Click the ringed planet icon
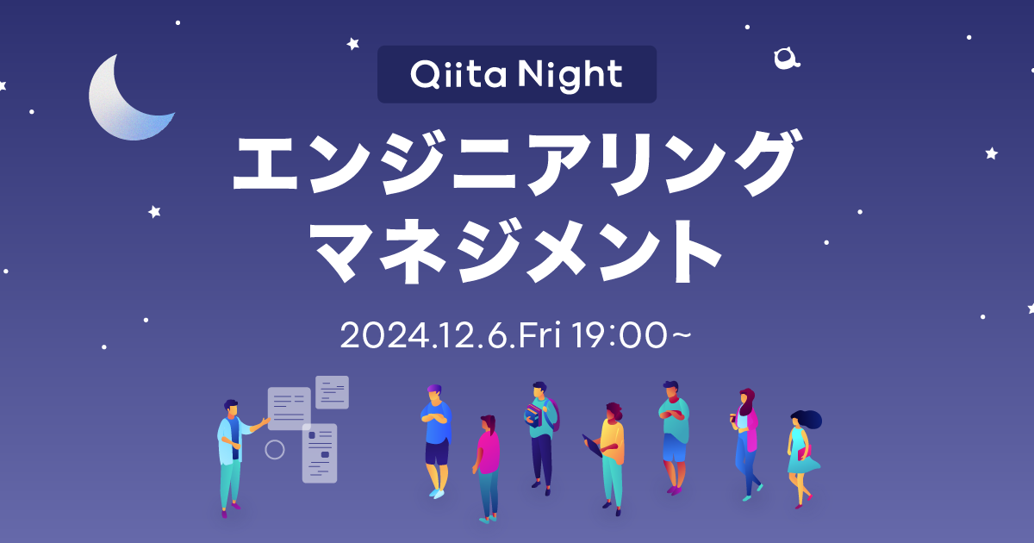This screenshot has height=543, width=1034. click(785, 59)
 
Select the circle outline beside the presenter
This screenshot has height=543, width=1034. click(274, 449)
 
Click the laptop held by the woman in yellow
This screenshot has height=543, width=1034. click(593, 446)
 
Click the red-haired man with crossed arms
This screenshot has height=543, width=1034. click(674, 435)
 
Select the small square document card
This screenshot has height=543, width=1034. click(332, 391)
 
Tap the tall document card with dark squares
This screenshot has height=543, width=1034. click(320, 452)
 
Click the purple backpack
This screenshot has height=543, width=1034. click(554, 415)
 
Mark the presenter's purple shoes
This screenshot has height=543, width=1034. click(225, 512)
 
